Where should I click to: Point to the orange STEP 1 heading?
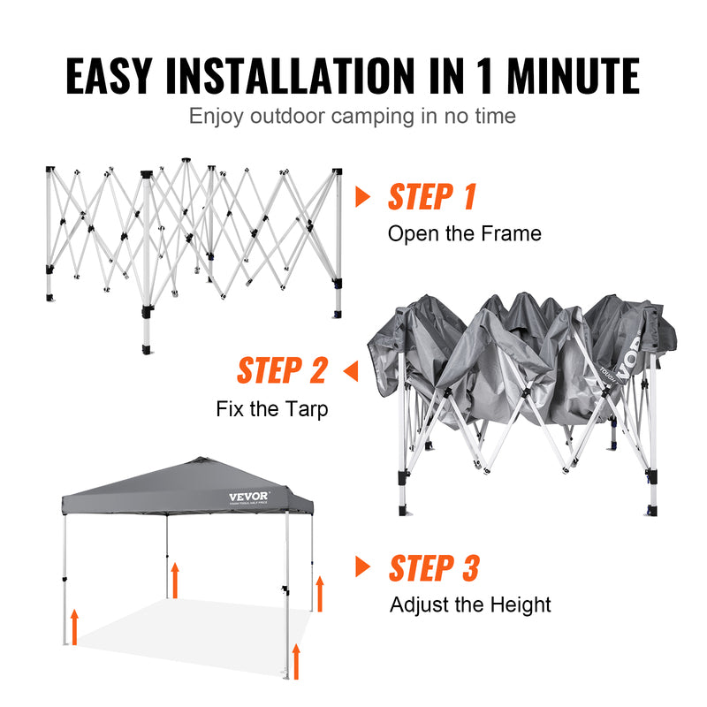[432, 197]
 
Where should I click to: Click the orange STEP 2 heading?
[282, 371]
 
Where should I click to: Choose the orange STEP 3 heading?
[434, 568]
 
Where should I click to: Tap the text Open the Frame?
[465, 234]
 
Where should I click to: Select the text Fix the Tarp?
[272, 409]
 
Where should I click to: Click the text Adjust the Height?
[470, 605]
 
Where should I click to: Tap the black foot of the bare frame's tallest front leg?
[146, 346]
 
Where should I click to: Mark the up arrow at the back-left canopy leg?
[175, 579]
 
